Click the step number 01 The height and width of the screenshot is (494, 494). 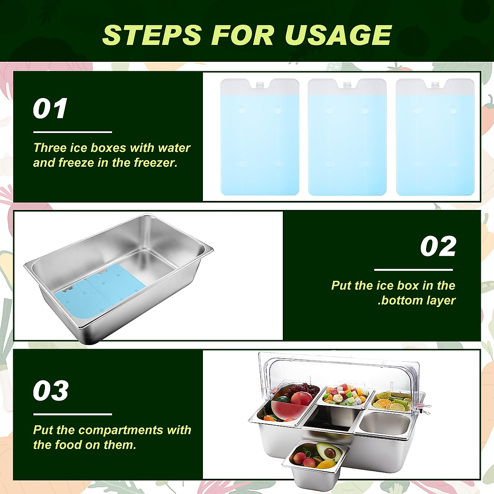click(x=50, y=109)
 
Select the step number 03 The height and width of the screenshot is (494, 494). click(x=51, y=391)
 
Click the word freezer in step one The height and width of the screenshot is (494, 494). click(x=155, y=163)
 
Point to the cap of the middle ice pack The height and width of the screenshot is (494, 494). click(x=347, y=85)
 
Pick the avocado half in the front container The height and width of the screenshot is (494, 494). click(x=329, y=452)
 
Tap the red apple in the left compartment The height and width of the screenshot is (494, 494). click(x=301, y=398)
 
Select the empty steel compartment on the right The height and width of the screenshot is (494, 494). click(x=384, y=424)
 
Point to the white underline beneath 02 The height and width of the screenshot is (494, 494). click(x=413, y=270)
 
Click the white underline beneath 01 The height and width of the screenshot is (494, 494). click(x=72, y=132)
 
